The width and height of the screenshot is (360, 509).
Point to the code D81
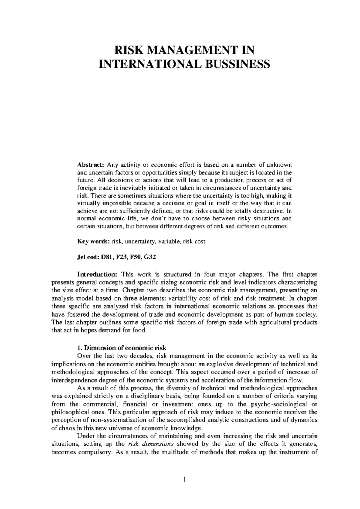[107, 257]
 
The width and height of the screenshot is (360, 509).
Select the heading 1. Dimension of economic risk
[121, 348]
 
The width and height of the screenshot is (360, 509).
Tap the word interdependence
[75, 380]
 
